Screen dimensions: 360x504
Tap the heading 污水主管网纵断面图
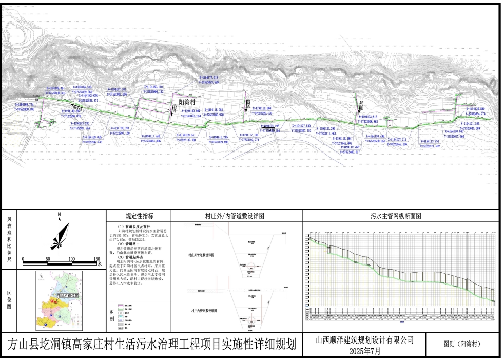point(399,216)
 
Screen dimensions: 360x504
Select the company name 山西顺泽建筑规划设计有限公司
point(372,339)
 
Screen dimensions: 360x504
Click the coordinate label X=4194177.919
point(211,78)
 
